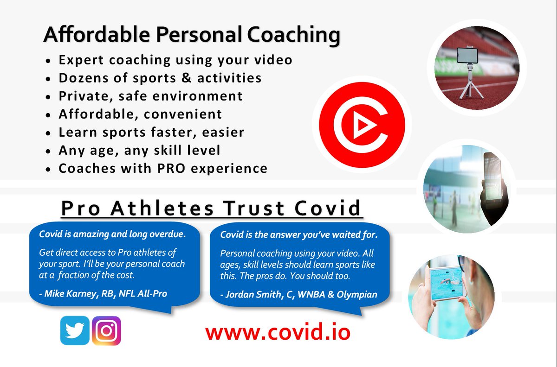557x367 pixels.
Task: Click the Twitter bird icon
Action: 74,330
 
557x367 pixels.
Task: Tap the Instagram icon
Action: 106,330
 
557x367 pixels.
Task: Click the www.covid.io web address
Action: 278,332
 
